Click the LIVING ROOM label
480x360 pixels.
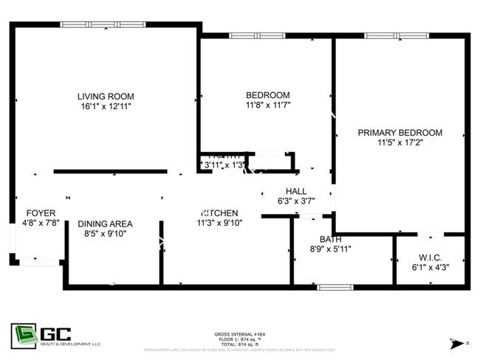[x=106, y=96]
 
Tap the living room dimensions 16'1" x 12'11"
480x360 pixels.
[x=106, y=106]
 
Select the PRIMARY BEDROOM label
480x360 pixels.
[x=400, y=133]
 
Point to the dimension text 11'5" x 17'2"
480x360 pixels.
[x=400, y=143]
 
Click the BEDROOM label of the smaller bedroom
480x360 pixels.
[x=267, y=95]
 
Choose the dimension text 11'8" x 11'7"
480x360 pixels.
[x=267, y=105]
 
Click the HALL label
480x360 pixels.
[x=295, y=191]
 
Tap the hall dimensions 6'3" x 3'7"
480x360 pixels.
[x=295, y=201]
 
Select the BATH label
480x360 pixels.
[x=330, y=239]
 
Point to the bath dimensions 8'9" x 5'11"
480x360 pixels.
[x=330, y=249]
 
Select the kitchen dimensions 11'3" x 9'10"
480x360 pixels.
[x=219, y=222]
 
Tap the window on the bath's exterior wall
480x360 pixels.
[x=330, y=287]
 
